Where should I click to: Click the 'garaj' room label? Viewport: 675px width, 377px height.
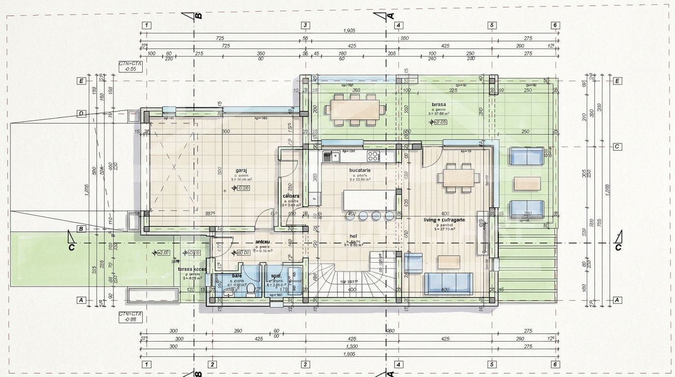[241, 170]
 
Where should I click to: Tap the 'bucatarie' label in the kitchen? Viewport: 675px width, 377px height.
[360, 170]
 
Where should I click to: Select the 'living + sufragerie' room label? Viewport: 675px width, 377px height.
[444, 220]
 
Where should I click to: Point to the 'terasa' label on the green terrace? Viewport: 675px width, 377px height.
[439, 105]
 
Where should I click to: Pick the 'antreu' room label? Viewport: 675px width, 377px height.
[263, 242]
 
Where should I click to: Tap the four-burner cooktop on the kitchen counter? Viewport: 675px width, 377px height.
[373, 157]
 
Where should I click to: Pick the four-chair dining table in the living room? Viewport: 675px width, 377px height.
[459, 178]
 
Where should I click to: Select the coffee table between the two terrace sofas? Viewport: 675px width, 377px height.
[527, 184]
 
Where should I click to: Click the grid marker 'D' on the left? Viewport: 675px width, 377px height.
[81, 113]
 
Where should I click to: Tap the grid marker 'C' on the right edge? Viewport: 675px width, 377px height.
[618, 146]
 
